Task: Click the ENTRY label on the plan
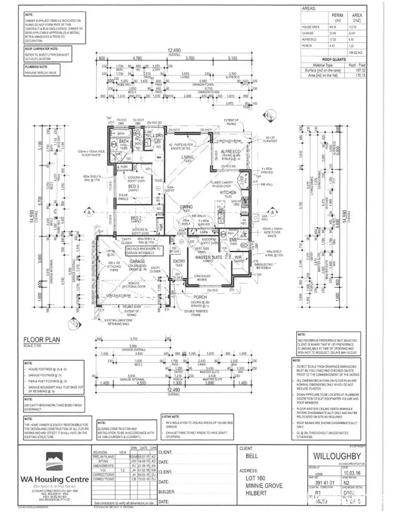click(179, 262)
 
